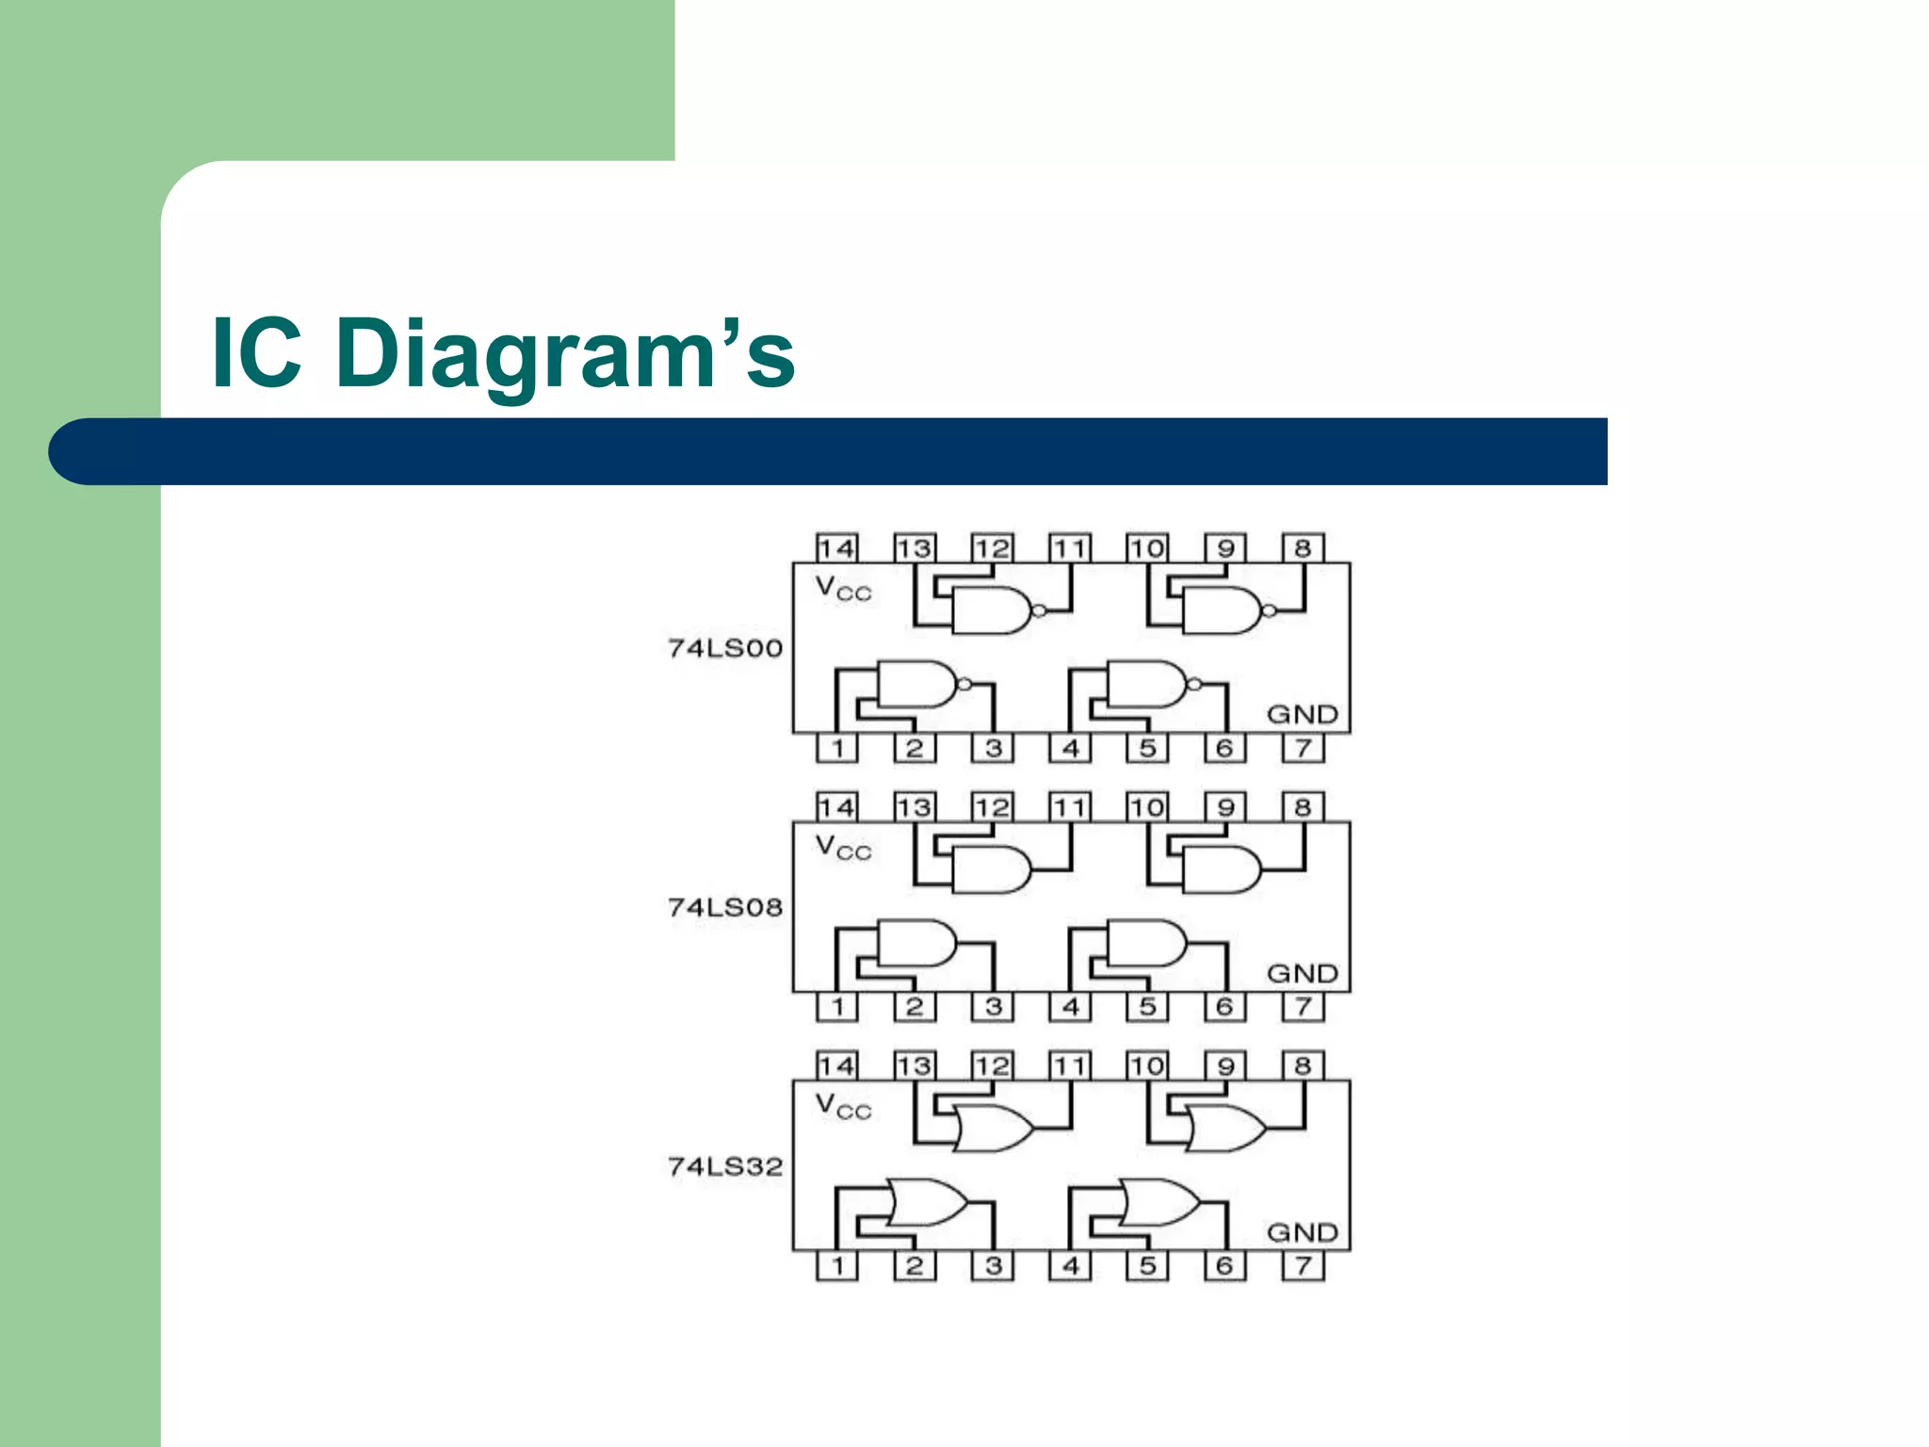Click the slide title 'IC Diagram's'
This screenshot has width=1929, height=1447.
tap(504, 353)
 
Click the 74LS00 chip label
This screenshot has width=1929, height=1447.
tap(725, 648)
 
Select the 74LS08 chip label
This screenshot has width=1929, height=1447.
tap(725, 907)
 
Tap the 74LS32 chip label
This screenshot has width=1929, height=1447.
tap(725, 1166)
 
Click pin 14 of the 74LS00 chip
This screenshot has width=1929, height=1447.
tap(836, 548)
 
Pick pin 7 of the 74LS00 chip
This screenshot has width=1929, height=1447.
tap(1303, 748)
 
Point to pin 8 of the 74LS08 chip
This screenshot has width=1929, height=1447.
tap(1303, 807)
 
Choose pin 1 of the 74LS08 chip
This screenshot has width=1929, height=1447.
tap(836, 1007)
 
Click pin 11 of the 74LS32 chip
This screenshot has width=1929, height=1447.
tap(1069, 1066)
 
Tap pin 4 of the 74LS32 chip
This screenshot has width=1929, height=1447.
tap(1070, 1266)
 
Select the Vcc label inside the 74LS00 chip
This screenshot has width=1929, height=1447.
tap(843, 589)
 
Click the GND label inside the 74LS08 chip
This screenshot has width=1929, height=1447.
tap(1302, 973)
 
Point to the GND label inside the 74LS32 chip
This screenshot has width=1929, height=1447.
tap(1302, 1232)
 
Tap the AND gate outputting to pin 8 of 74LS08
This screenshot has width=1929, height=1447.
tap(1221, 870)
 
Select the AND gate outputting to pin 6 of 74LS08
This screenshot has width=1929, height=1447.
tap(1145, 943)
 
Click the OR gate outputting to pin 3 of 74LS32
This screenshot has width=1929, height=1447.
tap(927, 1202)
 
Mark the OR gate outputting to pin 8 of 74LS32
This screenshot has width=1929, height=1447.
tap(1224, 1129)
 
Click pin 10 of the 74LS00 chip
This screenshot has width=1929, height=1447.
tap(1146, 548)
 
